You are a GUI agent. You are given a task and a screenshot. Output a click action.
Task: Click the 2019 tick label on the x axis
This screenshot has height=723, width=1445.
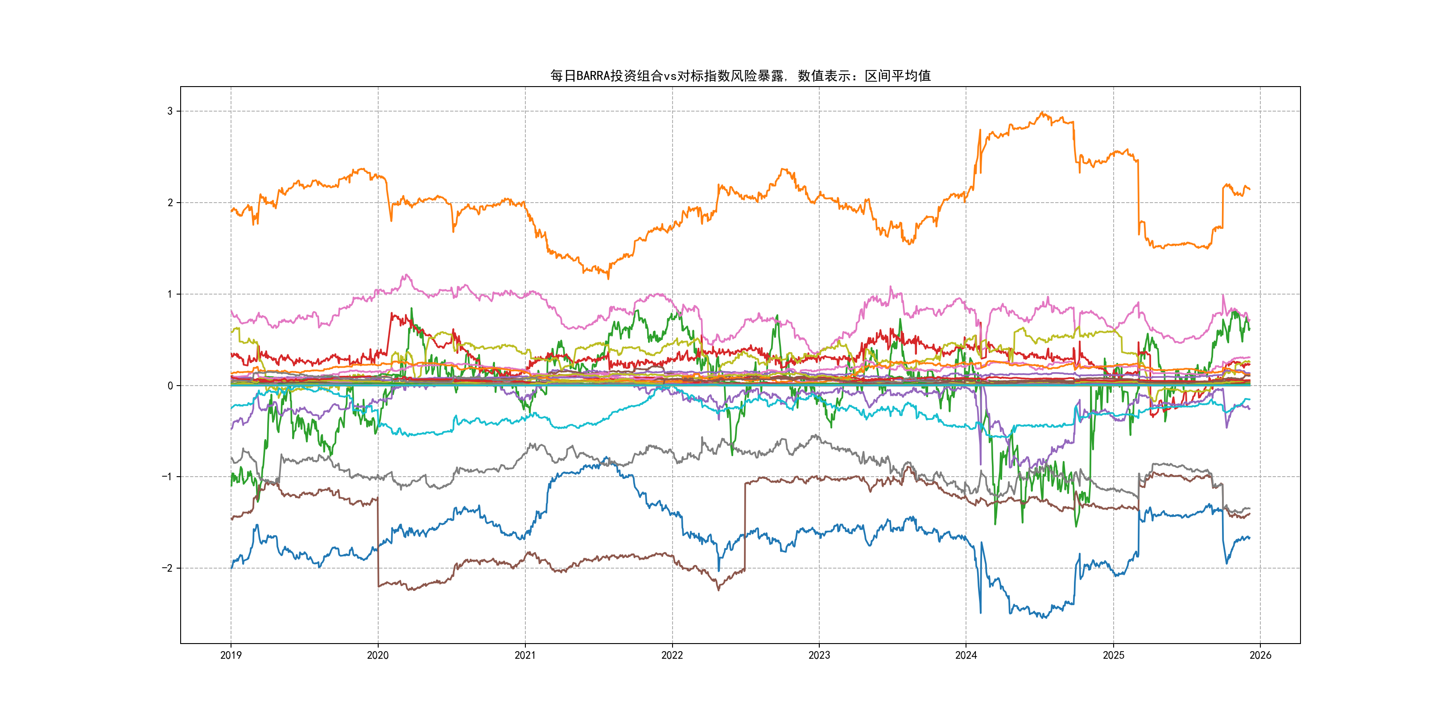231,655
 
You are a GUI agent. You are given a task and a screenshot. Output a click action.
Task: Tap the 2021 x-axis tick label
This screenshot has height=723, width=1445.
525,655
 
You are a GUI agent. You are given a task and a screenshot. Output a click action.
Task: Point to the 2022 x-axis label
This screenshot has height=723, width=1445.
672,655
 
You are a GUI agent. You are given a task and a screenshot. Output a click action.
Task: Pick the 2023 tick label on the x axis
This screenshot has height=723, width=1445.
819,655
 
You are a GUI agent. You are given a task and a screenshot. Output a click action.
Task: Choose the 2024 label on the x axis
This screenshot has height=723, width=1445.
966,655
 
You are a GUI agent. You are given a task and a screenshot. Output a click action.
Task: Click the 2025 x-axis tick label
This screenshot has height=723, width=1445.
1114,655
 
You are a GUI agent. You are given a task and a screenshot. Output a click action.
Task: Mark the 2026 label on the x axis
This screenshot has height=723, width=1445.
1260,655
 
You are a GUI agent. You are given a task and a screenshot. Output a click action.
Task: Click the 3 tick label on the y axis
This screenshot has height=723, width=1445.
170,111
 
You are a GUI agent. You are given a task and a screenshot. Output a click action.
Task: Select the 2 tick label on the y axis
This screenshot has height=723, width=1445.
170,203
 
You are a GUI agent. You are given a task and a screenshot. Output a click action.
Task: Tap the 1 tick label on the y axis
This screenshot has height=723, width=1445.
170,294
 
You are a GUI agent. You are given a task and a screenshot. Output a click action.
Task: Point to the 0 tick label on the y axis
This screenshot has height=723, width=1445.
170,386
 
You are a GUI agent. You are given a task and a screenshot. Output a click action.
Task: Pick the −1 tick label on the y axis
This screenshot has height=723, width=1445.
167,477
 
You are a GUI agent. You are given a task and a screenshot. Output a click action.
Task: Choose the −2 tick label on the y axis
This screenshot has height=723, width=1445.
167,568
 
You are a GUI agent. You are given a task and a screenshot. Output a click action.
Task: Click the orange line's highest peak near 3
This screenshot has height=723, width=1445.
1042,113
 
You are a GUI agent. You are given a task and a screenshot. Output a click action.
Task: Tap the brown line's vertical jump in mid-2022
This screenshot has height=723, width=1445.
745,525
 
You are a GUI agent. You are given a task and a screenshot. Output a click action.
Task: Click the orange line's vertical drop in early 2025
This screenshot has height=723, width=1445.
1138,196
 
